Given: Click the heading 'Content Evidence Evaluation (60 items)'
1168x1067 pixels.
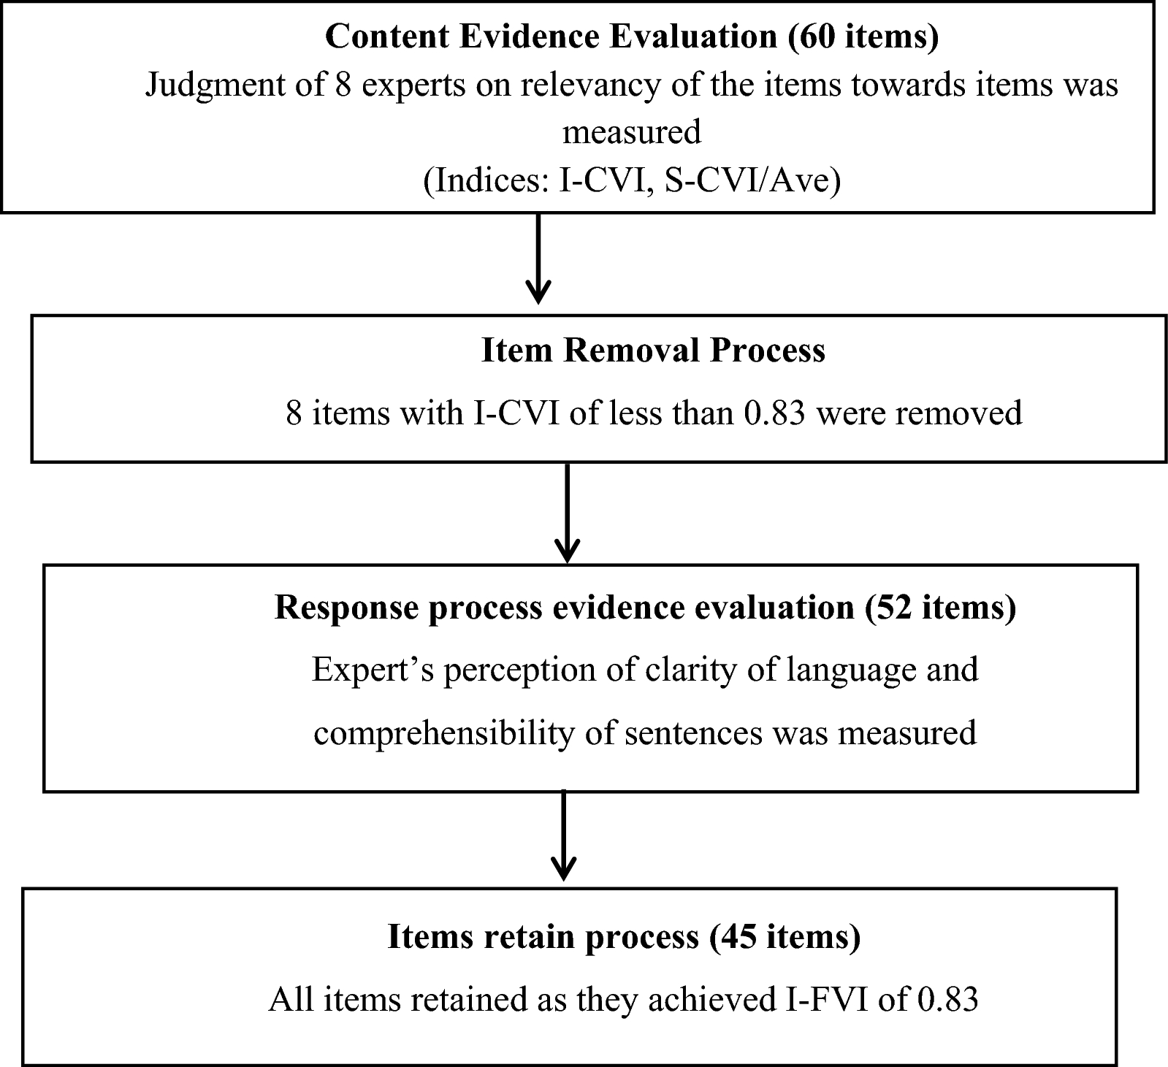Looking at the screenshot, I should coord(632,37).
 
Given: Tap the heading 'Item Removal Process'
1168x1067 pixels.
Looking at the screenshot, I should coord(653,351).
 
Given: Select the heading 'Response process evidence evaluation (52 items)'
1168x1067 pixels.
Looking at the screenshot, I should coord(645,607).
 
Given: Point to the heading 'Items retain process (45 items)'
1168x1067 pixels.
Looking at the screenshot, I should coord(624,936).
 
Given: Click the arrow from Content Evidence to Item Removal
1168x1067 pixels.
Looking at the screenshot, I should coord(538,259).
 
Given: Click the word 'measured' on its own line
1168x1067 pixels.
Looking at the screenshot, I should coord(632,132).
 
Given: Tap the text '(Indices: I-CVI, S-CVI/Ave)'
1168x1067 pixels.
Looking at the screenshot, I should coord(632,180).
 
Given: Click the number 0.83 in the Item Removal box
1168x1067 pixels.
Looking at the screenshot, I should coord(774,413).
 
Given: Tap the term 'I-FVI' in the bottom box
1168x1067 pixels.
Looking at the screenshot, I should coord(826,999).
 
